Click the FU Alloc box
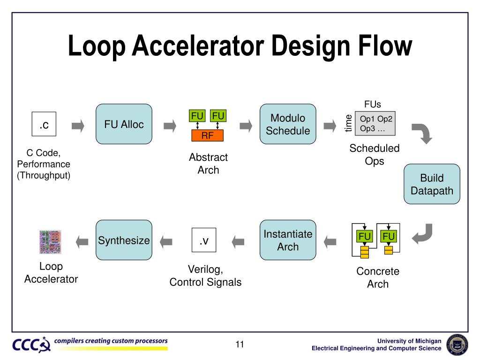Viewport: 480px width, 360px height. [124, 124]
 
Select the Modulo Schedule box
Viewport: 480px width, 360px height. [288, 124]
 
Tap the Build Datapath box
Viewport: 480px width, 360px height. [432, 184]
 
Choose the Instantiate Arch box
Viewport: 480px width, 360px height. [288, 240]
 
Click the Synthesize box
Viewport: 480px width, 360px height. [124, 240]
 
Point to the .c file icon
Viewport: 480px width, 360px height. [44, 124]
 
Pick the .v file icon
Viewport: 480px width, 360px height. [204, 240]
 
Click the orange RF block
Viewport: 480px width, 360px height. [208, 136]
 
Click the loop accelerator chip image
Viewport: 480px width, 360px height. [50, 241]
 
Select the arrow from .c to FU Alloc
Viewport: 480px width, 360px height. [78, 125]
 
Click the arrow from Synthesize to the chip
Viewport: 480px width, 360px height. [82, 241]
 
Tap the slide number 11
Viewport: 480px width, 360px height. [240, 345]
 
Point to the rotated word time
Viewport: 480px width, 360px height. [348, 123]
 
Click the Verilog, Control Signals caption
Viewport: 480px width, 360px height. [205, 276]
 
